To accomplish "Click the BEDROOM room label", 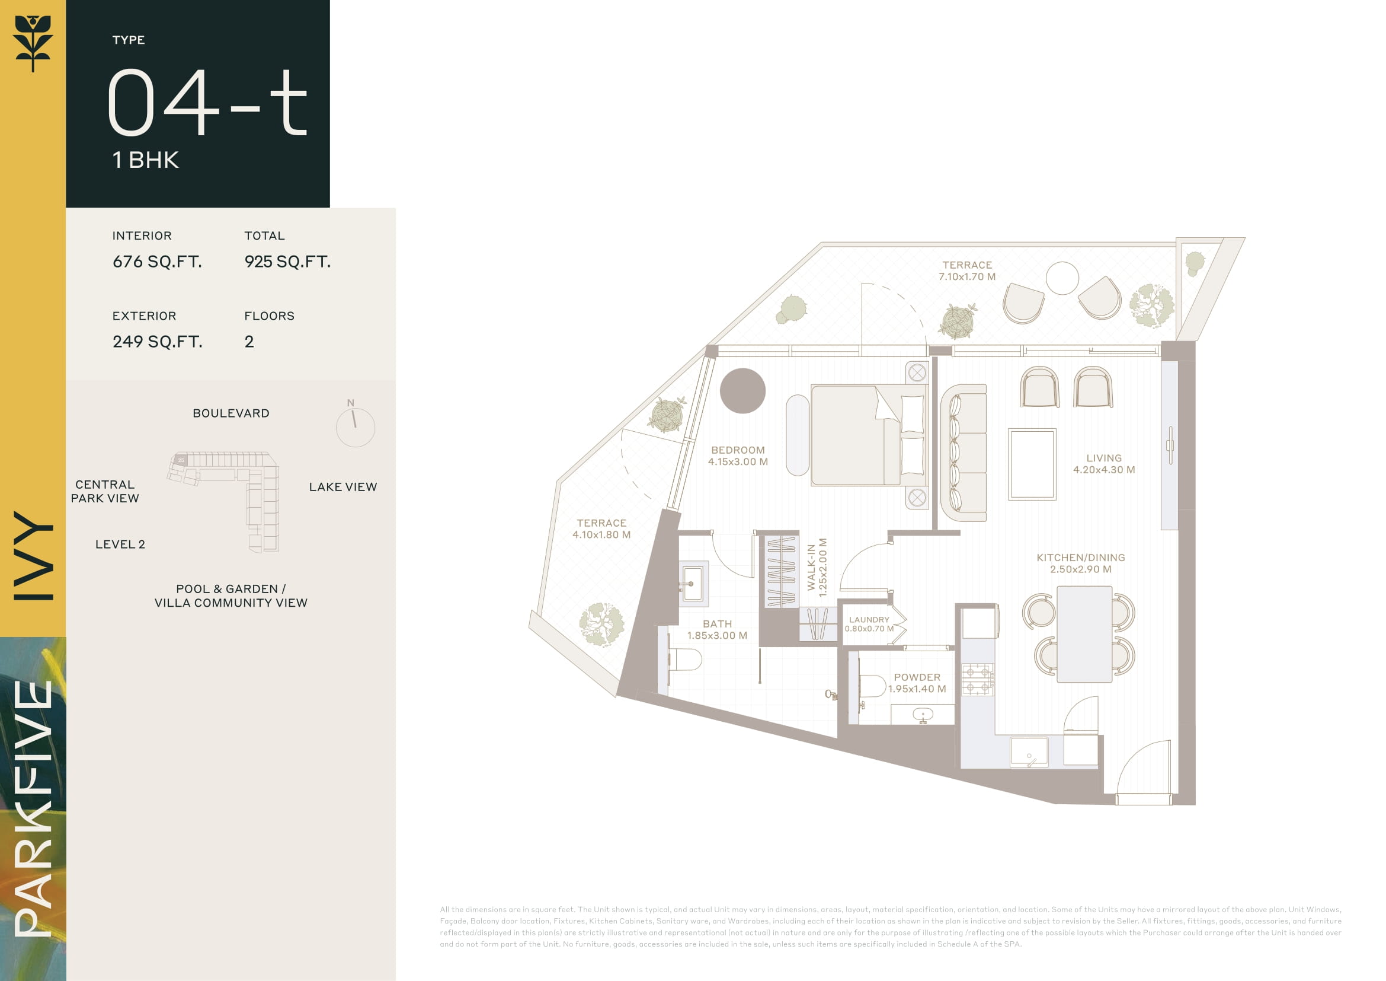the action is tap(738, 450).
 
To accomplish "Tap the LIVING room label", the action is tap(1103, 458).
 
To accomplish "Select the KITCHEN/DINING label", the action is tap(1081, 558).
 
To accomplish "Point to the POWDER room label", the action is tap(917, 677).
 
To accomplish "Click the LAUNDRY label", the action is tap(869, 620).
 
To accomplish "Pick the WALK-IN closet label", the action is tap(811, 567).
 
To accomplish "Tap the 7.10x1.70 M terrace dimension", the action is tap(967, 276).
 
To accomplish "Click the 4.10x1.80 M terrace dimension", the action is tap(601, 534).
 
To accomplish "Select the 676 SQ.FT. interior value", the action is tap(157, 262).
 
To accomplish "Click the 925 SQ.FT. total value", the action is tap(287, 262).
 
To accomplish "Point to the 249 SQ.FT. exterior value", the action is tap(157, 342).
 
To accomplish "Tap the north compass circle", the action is tap(356, 427).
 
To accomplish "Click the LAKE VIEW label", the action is tap(343, 487).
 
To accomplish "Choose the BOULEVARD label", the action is tap(231, 413).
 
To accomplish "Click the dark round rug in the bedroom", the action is tap(742, 391).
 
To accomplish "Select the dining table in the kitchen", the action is tap(1084, 634).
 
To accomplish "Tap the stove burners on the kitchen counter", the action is tap(977, 679).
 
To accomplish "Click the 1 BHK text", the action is tap(146, 160).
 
